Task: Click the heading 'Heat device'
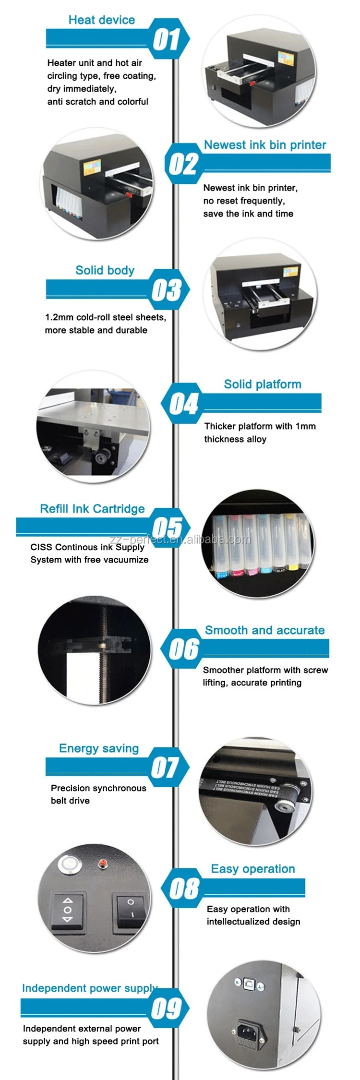click(102, 20)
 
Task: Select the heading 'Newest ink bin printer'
click(265, 145)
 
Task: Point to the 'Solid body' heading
click(105, 270)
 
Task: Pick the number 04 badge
click(183, 404)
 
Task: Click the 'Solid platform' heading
click(263, 384)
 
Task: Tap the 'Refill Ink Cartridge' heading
click(92, 509)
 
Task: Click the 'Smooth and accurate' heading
click(264, 630)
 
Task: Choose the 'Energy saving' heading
click(99, 748)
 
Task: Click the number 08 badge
click(184, 888)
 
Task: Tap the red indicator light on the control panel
click(102, 864)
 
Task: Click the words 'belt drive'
click(70, 801)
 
